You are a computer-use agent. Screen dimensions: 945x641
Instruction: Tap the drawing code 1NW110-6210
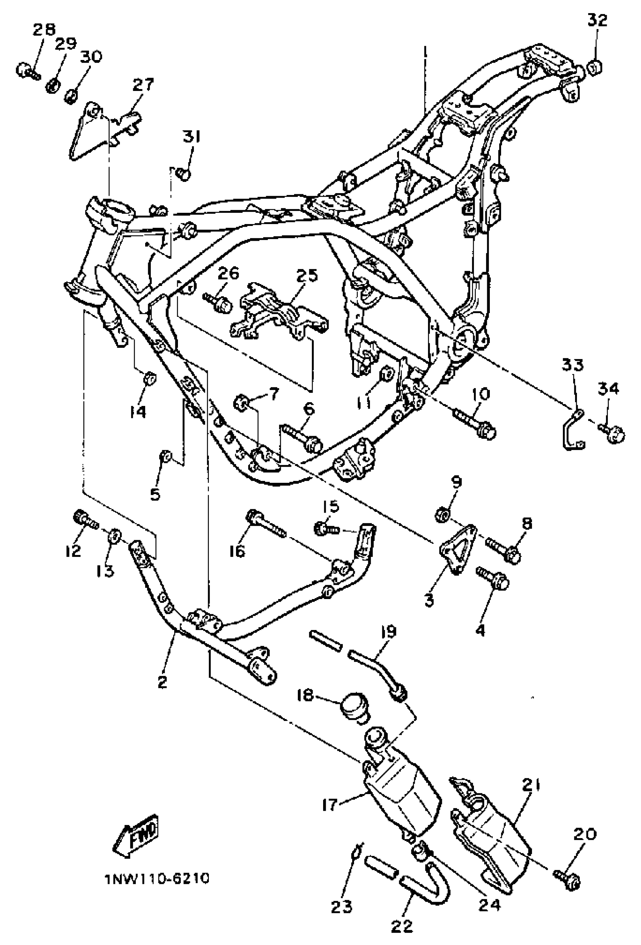(156, 879)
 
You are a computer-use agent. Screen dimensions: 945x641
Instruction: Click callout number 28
(44, 29)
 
